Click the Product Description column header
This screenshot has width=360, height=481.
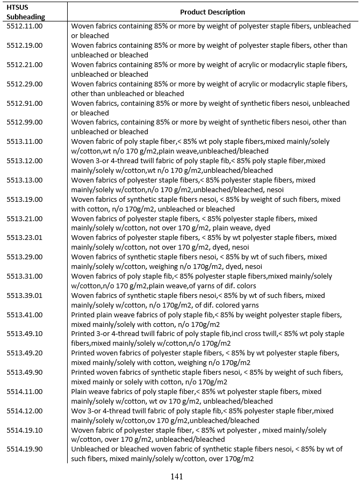[212, 12]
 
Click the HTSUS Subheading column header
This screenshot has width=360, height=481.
[21, 12]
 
